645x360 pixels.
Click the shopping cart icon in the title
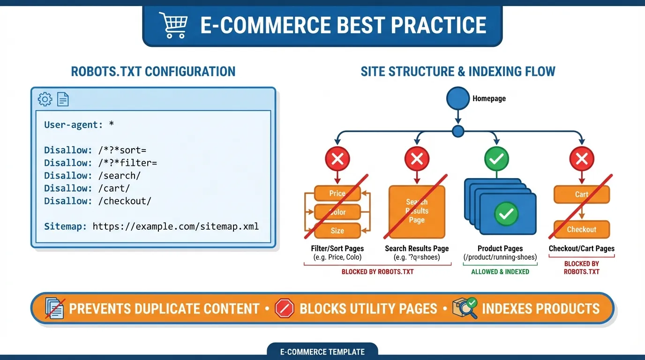[x=173, y=25]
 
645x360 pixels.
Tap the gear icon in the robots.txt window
[x=45, y=99]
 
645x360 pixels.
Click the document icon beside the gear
[x=63, y=99]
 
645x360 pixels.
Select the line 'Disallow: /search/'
[x=92, y=175]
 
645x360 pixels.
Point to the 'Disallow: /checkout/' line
[x=97, y=201]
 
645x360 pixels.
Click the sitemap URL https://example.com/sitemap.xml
[x=175, y=226]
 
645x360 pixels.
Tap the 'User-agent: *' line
[x=79, y=125]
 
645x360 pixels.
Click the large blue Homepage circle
[x=457, y=98]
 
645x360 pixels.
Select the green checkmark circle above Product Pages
[x=496, y=159]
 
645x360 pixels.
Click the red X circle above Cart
[x=581, y=159]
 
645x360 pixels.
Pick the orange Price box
[x=337, y=193]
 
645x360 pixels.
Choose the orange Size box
[x=337, y=230]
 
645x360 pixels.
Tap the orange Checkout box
[x=581, y=229]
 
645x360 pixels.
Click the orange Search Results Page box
[x=417, y=211]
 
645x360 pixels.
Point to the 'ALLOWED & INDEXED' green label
[x=500, y=271]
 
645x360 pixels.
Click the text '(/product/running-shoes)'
[x=500, y=257]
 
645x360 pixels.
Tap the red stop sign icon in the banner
[x=285, y=308]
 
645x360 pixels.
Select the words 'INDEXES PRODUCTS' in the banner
[x=540, y=308]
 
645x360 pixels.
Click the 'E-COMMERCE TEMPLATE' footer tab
[x=322, y=352]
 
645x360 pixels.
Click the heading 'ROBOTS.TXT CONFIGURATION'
[x=153, y=71]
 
